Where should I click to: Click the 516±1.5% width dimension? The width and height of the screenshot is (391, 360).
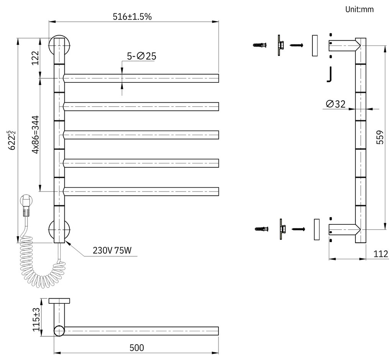point(132,16)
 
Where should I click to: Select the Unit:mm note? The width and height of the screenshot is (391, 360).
point(359,9)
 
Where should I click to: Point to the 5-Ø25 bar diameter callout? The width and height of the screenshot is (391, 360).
point(141,56)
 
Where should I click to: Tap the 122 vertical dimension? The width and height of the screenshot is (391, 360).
point(35,58)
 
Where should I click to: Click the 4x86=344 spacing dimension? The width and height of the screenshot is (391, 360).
point(35,134)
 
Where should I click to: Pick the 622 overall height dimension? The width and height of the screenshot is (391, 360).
point(12,140)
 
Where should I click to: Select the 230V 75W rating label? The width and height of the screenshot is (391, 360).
point(112,251)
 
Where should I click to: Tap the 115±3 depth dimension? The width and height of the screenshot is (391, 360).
point(36,319)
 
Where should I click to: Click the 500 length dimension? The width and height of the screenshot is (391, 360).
point(136,348)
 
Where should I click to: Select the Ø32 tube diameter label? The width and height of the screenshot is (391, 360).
point(336,104)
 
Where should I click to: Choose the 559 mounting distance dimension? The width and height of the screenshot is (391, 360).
point(379,137)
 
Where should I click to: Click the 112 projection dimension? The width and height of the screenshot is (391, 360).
point(381,254)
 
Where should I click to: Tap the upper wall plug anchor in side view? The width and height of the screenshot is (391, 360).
point(260,45)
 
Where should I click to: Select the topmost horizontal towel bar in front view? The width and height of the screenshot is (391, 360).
point(141,78)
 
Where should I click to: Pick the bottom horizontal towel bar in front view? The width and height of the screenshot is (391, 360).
point(141,191)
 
